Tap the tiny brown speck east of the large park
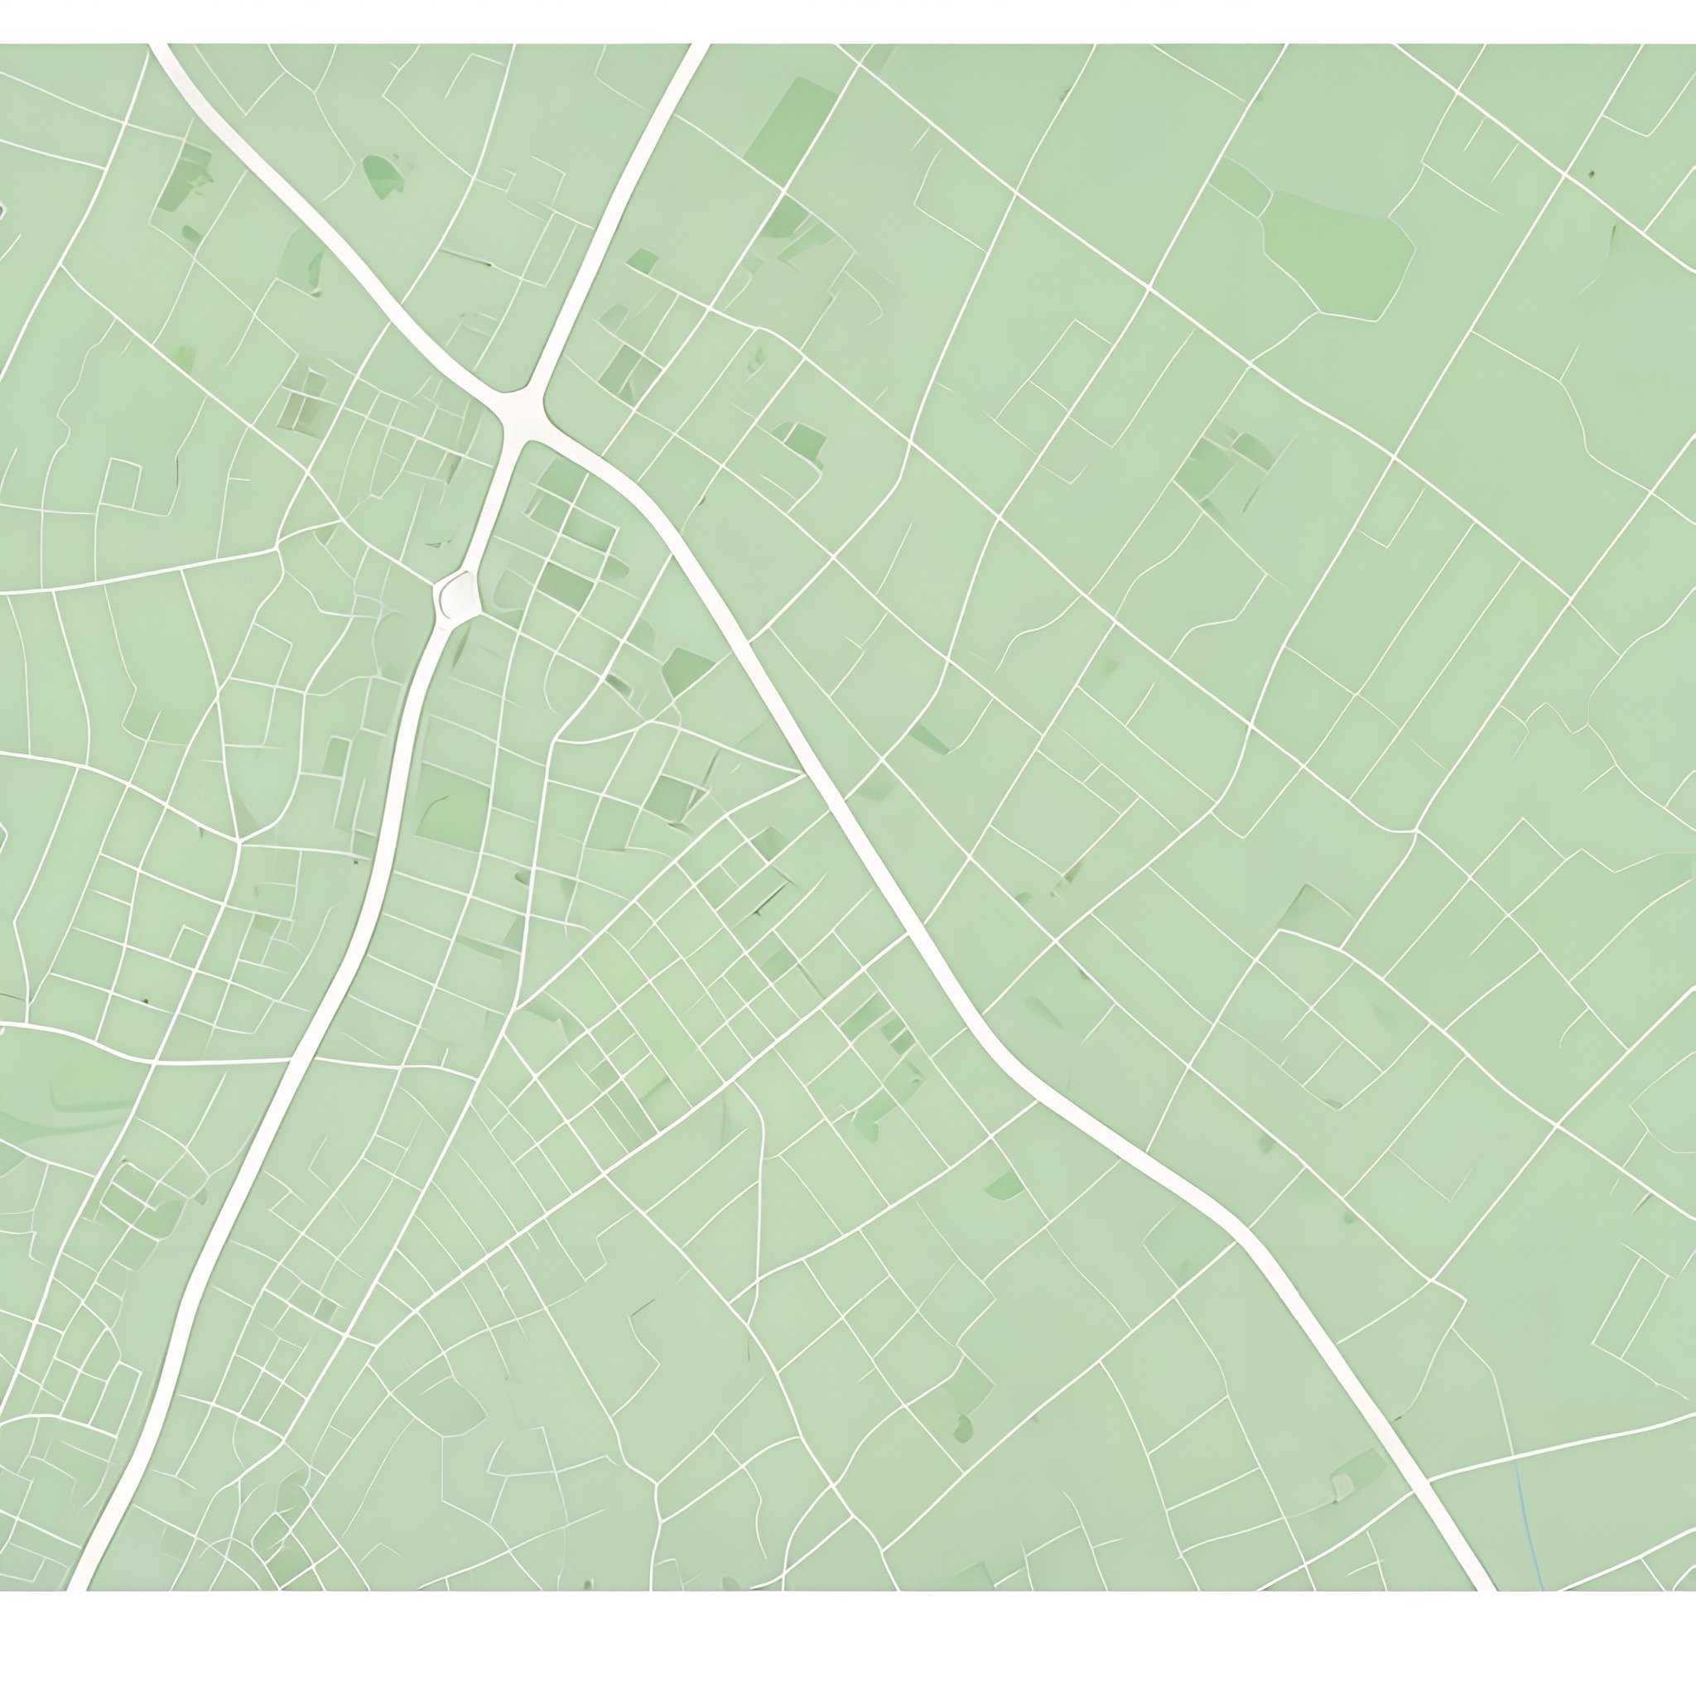pos(1590,173)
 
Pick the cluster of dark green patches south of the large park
pos(1225,461)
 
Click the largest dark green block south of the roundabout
pos(452,807)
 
